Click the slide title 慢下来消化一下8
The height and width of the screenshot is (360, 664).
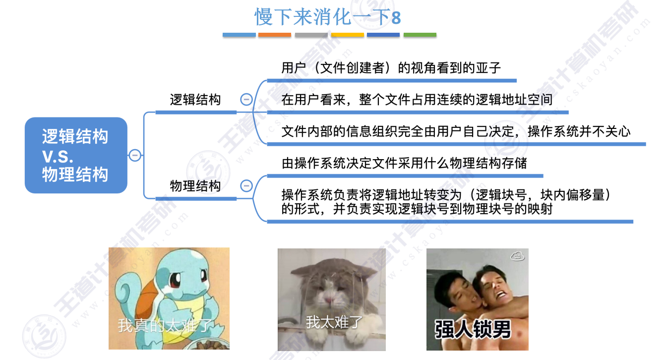coord(328,17)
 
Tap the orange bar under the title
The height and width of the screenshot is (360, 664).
coord(275,35)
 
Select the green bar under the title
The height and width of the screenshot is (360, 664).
coord(420,35)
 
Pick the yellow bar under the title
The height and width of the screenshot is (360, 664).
coord(348,35)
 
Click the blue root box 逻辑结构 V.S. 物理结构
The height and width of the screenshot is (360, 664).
coord(76,155)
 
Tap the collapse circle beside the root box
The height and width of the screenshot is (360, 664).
coord(135,155)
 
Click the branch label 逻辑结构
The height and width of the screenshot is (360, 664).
coord(195,100)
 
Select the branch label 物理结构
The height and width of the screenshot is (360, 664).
coord(195,186)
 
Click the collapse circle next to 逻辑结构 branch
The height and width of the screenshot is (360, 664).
coord(246,100)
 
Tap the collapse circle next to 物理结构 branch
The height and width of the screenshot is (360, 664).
coord(246,186)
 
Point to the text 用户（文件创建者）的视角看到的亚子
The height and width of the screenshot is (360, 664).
coord(391,68)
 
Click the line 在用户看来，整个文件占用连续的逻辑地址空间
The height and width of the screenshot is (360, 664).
coord(417,100)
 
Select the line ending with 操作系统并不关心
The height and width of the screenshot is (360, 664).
coord(456,131)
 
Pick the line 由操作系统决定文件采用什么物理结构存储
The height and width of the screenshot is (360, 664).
coord(404,163)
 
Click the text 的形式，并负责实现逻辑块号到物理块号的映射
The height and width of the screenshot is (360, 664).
coord(417,209)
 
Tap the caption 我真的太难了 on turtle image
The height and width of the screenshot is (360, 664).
coord(165,326)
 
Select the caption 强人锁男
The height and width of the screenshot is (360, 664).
coord(473,329)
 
